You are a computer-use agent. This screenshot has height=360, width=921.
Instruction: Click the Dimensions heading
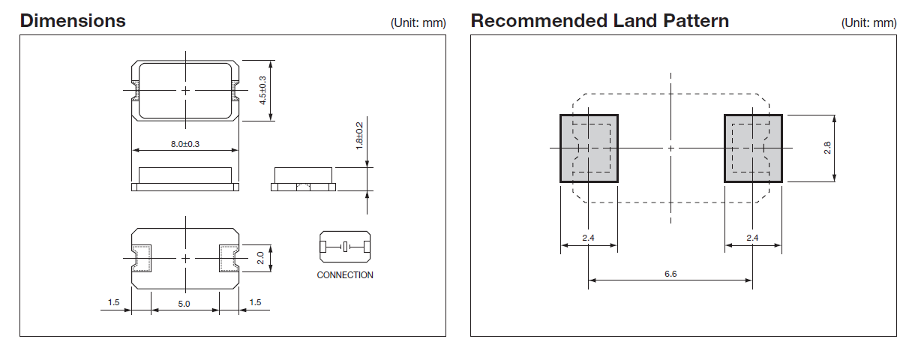tap(73, 20)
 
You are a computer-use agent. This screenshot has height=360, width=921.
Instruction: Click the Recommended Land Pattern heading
tap(599, 20)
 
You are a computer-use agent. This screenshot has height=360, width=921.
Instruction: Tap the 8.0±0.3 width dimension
tap(184, 143)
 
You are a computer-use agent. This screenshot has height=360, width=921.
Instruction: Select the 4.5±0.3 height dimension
tap(262, 90)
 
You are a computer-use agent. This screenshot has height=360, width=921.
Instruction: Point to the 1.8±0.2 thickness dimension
tap(359, 136)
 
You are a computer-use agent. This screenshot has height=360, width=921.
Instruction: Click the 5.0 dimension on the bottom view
tap(184, 303)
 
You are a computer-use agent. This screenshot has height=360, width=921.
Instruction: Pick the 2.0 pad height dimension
tap(260, 258)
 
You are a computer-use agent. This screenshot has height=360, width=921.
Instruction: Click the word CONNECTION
tap(344, 275)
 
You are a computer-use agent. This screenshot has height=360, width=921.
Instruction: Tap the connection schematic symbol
tap(344, 247)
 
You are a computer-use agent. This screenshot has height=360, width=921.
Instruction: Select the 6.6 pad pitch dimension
tap(670, 274)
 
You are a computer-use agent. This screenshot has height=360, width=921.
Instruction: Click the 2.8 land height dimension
tap(827, 148)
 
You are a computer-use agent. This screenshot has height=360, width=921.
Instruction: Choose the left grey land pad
tap(589, 148)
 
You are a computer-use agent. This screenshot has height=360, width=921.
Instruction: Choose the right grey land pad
tap(752, 148)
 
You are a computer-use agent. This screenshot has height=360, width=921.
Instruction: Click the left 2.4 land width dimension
tap(589, 238)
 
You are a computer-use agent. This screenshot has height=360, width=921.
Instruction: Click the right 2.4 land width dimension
tap(752, 238)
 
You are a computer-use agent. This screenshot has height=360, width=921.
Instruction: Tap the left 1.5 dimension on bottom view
tap(113, 303)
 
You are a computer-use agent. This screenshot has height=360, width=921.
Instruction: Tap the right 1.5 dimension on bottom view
tap(255, 303)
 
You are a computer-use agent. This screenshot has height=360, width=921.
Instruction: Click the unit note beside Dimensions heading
tap(418, 23)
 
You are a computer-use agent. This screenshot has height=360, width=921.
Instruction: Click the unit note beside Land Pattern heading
tap(868, 23)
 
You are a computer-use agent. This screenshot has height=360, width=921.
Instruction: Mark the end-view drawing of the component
tap(303, 179)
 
